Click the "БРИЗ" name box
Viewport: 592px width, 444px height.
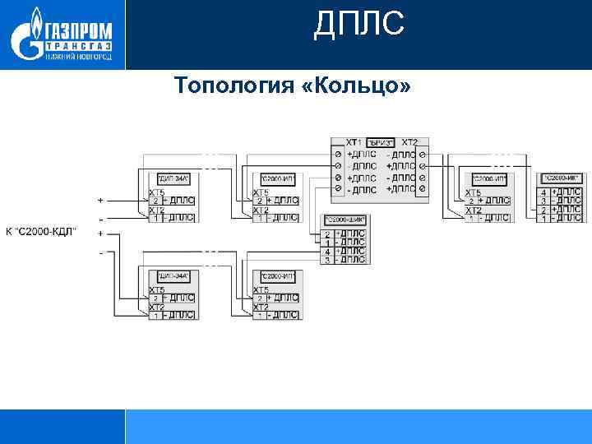pos(379,142)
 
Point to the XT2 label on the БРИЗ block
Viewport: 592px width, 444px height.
pos(409,142)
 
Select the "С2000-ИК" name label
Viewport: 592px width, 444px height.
pos(562,178)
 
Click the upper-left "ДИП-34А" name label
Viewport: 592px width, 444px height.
pos(173,178)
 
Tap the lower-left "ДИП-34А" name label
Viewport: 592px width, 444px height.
pos(173,276)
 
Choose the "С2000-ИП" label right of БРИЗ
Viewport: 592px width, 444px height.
pos(488,178)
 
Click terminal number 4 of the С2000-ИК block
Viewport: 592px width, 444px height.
pos(543,192)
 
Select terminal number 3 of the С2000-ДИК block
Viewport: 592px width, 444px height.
pos(328,260)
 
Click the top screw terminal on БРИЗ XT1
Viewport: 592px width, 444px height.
pos(337,154)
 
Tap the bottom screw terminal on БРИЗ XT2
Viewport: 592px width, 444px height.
pos(422,190)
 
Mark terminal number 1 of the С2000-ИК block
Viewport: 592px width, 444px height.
pos(543,219)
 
